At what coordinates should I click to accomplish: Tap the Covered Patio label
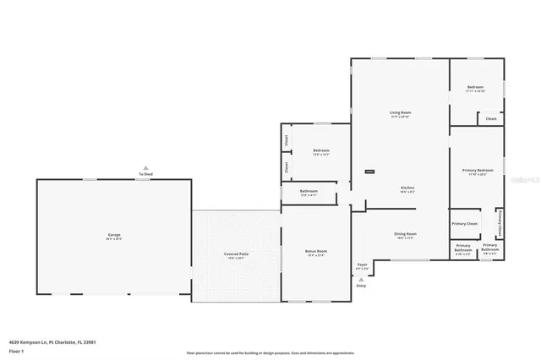point(237,254)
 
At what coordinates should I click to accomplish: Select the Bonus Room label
point(315,251)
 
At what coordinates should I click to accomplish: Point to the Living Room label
point(400,112)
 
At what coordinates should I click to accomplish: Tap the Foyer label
point(362,265)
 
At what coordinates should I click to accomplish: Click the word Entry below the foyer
point(362,286)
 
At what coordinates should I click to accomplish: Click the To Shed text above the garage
point(145,174)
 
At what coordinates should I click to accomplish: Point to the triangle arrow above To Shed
point(145,167)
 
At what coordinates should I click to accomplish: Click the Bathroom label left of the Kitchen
point(309,191)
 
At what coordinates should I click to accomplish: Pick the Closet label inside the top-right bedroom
point(491,119)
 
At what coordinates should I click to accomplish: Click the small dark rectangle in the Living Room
point(369,172)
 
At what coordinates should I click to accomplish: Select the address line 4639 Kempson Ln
point(42,342)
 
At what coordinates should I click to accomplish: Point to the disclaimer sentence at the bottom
point(270,352)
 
